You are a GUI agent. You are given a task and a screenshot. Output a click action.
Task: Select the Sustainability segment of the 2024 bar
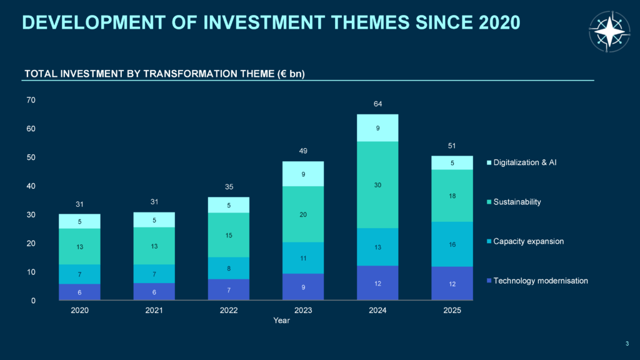pyautogui.click(x=378, y=185)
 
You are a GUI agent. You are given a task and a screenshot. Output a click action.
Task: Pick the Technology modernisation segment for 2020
pyautogui.click(x=80, y=292)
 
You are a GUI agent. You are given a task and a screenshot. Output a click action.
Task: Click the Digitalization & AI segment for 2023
pyautogui.click(x=303, y=174)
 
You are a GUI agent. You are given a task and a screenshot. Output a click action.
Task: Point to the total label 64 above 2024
pyautogui.click(x=378, y=104)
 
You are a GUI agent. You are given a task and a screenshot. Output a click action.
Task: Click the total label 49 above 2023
pyautogui.click(x=303, y=151)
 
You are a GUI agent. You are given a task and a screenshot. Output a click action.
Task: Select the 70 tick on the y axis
pyautogui.click(x=31, y=100)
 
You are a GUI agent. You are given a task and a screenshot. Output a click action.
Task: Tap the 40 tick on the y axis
pyautogui.click(x=31, y=186)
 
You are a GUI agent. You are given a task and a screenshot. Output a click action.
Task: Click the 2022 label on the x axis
pyautogui.click(x=228, y=311)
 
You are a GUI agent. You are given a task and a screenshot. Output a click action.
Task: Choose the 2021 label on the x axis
pyautogui.click(x=154, y=311)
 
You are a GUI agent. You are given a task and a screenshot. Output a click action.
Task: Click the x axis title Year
pyautogui.click(x=281, y=321)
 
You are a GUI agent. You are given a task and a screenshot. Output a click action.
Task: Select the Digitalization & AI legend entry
pyautogui.click(x=524, y=162)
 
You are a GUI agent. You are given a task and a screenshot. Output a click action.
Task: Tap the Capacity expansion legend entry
pyautogui.click(x=528, y=241)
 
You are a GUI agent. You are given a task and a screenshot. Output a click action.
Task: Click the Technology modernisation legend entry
pyautogui.click(x=540, y=281)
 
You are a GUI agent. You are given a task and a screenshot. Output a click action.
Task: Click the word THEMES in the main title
pyautogui.click(x=356, y=22)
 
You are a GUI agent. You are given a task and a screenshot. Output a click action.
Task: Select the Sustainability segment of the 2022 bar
pyautogui.click(x=228, y=235)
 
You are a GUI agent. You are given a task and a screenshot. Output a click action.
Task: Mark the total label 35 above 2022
pyautogui.click(x=228, y=186)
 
